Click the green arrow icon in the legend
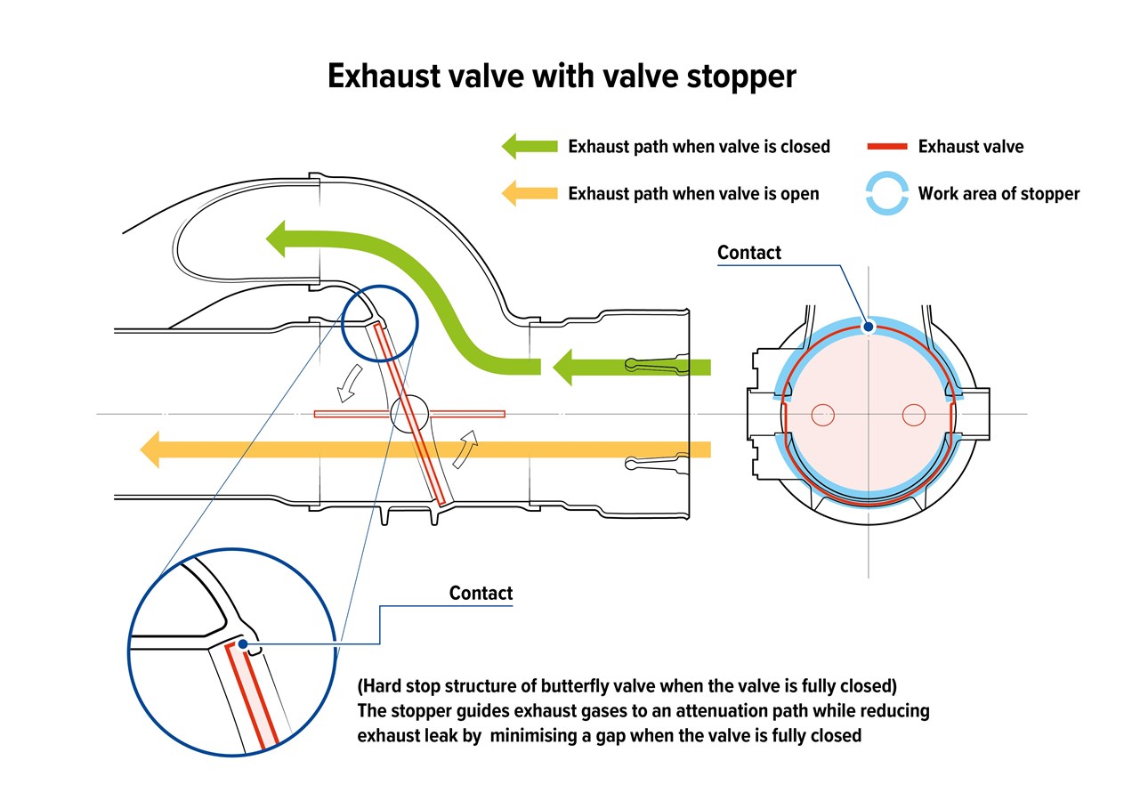pyautogui.click(x=530, y=146)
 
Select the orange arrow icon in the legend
pyautogui.click(x=530, y=193)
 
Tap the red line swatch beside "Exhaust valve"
pyautogui.click(x=887, y=147)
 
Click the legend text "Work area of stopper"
pyautogui.click(x=999, y=194)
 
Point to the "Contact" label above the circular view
pyautogui.click(x=749, y=253)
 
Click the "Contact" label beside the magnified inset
pyautogui.click(x=481, y=593)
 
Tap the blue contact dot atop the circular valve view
pyautogui.click(x=869, y=328)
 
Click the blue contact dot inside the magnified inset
pyautogui.click(x=243, y=643)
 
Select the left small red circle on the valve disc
pyautogui.click(x=823, y=415)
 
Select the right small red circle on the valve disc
pyautogui.click(x=913, y=415)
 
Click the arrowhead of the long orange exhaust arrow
pyautogui.click(x=150, y=449)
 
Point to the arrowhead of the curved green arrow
pyautogui.click(x=276, y=239)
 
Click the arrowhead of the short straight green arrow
pyautogui.click(x=562, y=368)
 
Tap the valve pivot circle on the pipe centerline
pyautogui.click(x=409, y=414)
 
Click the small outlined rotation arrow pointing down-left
pyautogui.click(x=349, y=383)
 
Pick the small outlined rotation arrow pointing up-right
pyautogui.click(x=465, y=449)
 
